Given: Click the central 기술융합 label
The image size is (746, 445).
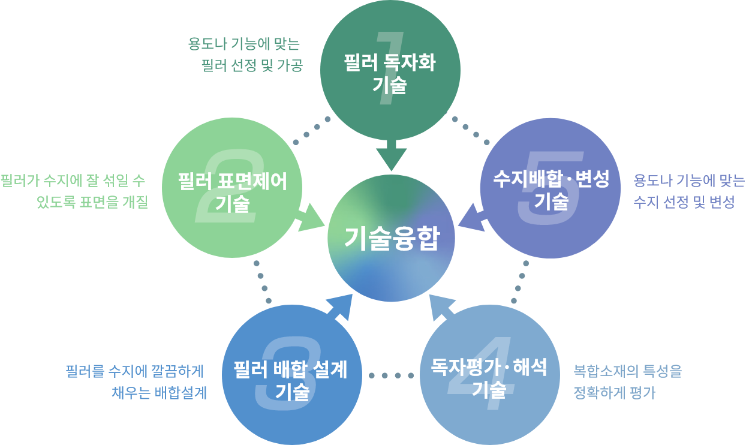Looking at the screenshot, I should point(391,239).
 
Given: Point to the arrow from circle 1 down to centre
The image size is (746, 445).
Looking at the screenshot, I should point(391,156).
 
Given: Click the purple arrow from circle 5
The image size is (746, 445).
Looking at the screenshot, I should point(471,218).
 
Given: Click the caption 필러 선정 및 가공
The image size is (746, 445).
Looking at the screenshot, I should point(252,65).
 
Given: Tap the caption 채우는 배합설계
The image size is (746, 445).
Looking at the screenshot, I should point(159,393).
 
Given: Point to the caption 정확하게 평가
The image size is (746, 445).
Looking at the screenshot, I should point(614,393).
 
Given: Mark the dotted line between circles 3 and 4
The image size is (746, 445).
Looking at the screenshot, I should point(391,375).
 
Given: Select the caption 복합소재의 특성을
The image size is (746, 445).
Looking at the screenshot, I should point(627,371).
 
